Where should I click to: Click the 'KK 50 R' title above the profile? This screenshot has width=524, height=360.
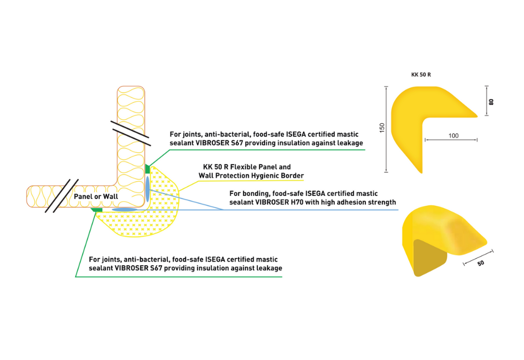point(421,75)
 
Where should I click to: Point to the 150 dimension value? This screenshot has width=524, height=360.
point(382,128)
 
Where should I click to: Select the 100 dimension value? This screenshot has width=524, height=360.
point(453,136)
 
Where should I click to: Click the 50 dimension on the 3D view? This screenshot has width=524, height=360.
point(481,263)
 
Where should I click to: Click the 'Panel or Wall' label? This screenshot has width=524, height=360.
point(96,196)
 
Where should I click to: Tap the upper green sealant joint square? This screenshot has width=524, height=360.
point(148,169)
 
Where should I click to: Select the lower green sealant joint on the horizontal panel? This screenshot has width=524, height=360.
point(97,210)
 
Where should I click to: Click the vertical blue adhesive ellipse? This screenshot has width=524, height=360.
point(148,188)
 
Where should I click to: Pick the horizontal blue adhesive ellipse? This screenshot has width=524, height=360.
point(125,210)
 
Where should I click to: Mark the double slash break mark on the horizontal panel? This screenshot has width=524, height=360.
point(62,196)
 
